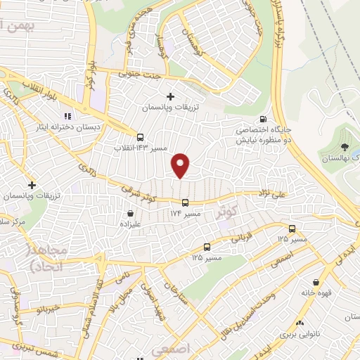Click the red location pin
pyautogui.click(x=181, y=165)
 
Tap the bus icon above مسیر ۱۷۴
pyautogui.click(x=186, y=203)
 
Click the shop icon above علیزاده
pyautogui.click(x=130, y=213)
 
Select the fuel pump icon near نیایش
pyautogui.click(x=263, y=119)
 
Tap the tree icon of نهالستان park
pyautogui.click(x=345, y=146)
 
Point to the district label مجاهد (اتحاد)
pyautogui.click(x=47, y=259)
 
